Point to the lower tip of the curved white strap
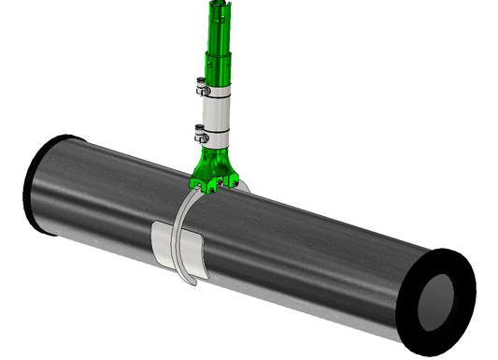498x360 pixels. (x=192, y=281)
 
